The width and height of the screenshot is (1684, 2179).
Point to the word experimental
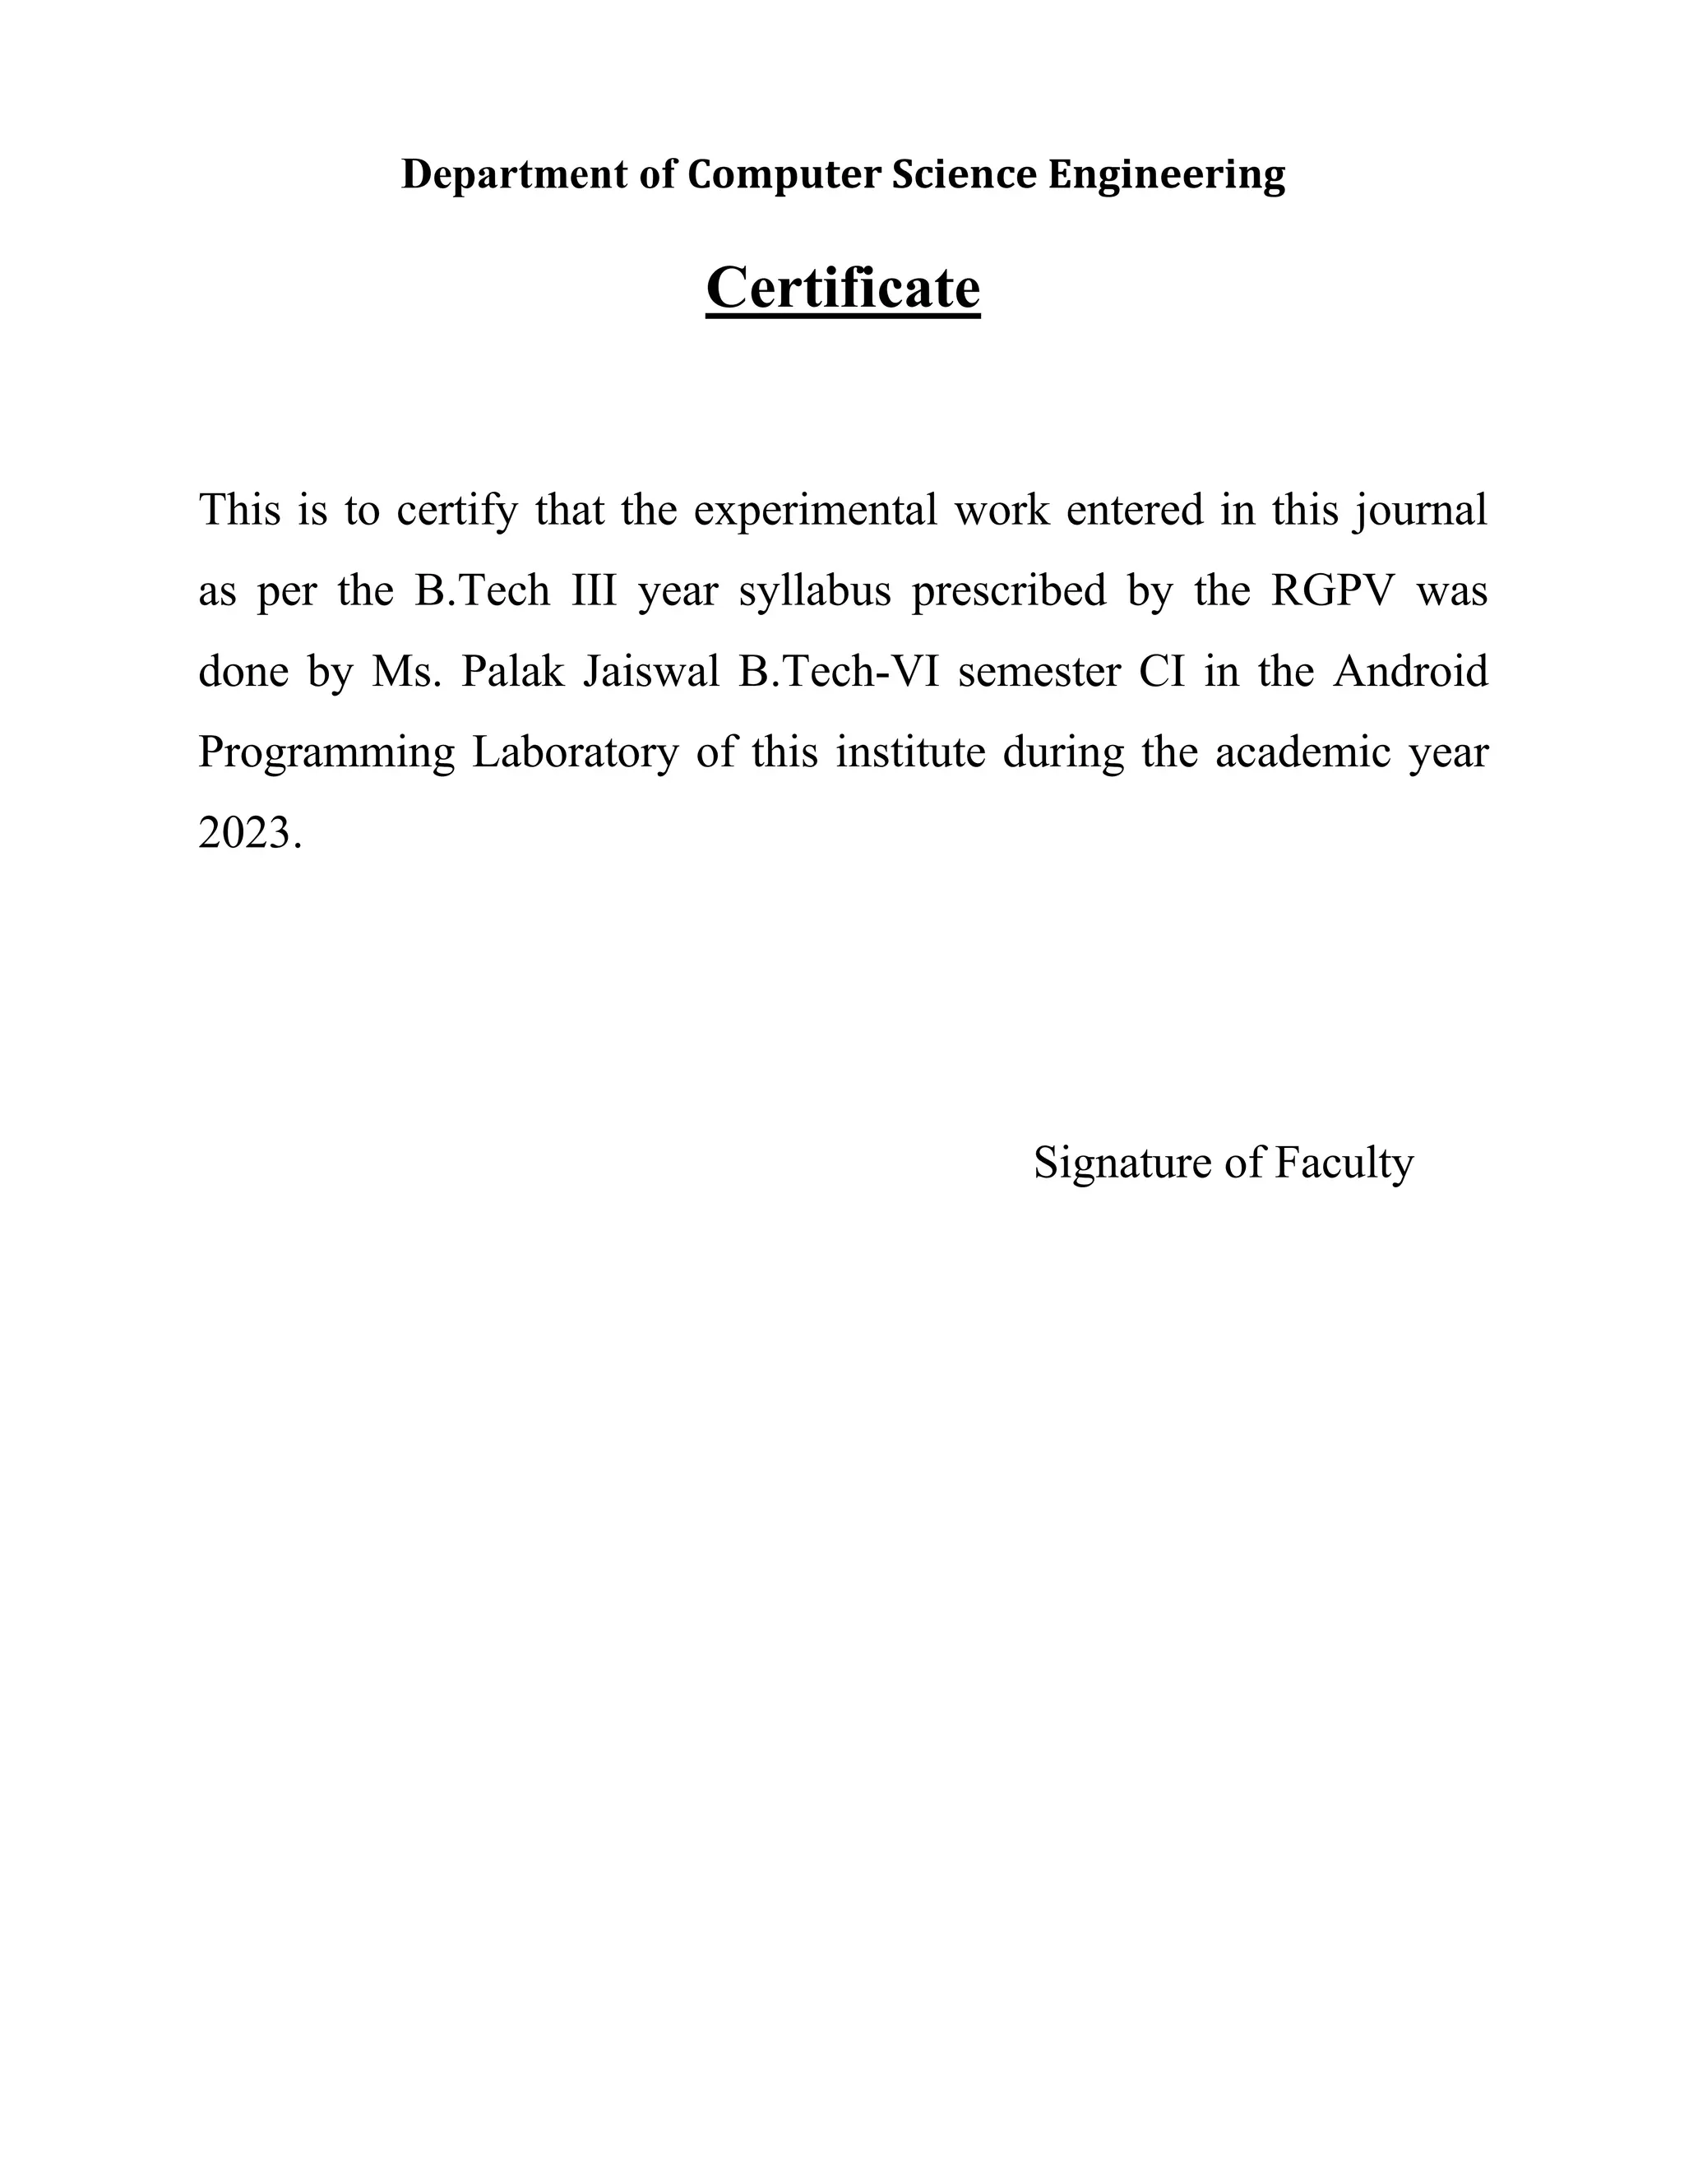coord(815,511)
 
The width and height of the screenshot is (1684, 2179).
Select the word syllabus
coord(814,592)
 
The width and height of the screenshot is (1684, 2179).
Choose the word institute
coord(910,752)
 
